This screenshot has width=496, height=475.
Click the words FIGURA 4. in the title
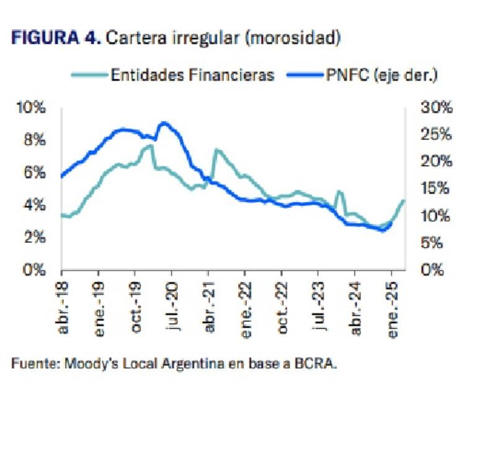point(55,38)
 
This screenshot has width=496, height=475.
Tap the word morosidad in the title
point(293,38)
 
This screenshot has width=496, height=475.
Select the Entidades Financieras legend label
point(192,75)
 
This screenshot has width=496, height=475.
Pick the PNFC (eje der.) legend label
point(381,75)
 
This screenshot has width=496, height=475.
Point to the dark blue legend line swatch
point(304,76)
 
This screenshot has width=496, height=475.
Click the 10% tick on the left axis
point(32,108)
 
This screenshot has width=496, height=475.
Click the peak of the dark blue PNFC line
point(164,123)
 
